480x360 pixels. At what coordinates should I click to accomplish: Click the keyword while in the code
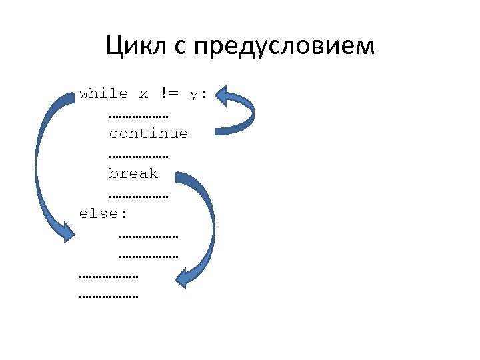(x=103, y=93)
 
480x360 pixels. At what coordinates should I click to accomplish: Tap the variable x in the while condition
(x=143, y=94)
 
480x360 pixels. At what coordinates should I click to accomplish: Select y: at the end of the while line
(x=198, y=94)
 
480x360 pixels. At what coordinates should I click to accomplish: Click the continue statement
(x=149, y=133)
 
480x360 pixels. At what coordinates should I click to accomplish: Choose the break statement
(x=133, y=173)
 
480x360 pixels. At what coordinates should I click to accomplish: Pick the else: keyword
(x=103, y=213)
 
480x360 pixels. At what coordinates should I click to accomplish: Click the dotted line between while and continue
(x=139, y=116)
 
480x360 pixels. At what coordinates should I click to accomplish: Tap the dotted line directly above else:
(x=139, y=196)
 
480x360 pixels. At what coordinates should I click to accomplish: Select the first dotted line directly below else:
(x=149, y=236)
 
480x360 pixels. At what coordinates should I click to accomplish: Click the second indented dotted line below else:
(x=149, y=255)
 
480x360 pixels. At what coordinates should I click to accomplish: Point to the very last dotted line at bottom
(x=109, y=296)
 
